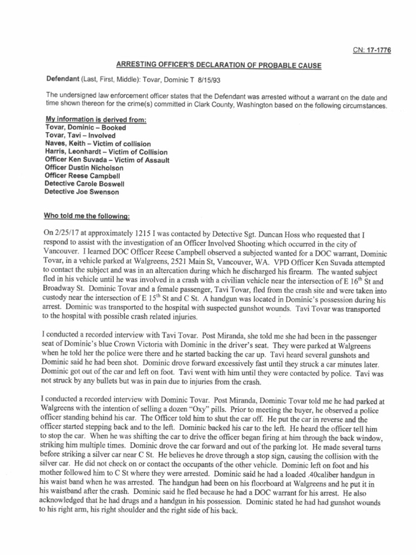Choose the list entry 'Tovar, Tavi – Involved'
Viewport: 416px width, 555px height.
point(80,135)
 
